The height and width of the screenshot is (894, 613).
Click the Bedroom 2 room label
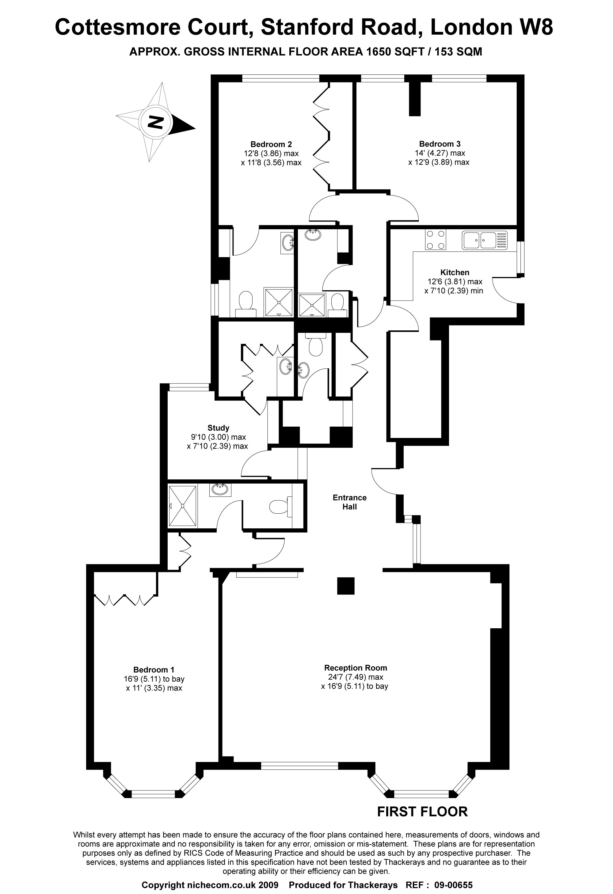pyautogui.click(x=271, y=144)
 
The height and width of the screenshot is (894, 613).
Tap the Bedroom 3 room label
pyautogui.click(x=440, y=144)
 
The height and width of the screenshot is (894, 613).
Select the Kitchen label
pyautogui.click(x=455, y=272)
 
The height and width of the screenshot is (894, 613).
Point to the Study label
pyautogui.click(x=218, y=428)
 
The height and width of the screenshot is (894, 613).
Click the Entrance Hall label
pyautogui.click(x=349, y=502)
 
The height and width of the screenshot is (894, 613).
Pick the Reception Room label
pyautogui.click(x=355, y=668)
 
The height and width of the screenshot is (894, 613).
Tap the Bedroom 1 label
pyautogui.click(x=154, y=670)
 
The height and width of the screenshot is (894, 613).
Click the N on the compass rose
pyautogui.click(x=156, y=122)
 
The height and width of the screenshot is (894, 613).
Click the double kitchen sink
pyautogui.click(x=485, y=240)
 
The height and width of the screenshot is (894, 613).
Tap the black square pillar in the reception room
pyautogui.click(x=345, y=586)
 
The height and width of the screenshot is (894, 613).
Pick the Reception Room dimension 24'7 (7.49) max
pyautogui.click(x=354, y=677)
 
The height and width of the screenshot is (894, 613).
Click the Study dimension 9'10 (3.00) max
pyautogui.click(x=218, y=437)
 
